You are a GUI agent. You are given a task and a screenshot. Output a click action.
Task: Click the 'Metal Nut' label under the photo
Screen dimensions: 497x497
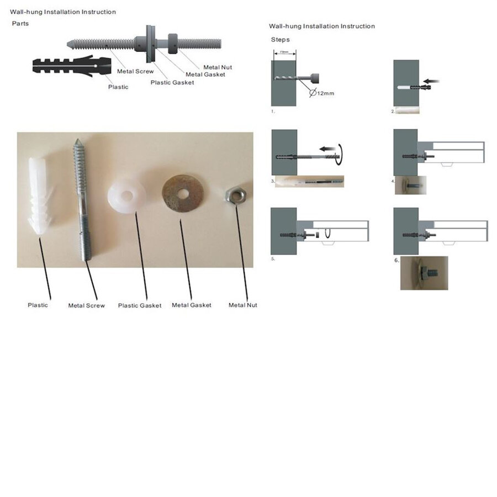tap(243, 305)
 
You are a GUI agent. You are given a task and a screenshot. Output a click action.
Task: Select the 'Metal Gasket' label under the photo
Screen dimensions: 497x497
tap(192, 305)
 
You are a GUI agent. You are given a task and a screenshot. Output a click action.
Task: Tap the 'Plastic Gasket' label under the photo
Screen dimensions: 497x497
tap(140, 305)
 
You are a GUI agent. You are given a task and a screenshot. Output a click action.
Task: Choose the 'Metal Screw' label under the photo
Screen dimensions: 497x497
tap(86, 305)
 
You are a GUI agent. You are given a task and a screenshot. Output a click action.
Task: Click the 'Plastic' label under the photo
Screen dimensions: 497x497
tap(38, 305)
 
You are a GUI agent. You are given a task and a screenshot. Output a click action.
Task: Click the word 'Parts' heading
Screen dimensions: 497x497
tap(20, 24)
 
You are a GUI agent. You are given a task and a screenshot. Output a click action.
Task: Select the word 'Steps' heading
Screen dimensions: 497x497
tap(280, 40)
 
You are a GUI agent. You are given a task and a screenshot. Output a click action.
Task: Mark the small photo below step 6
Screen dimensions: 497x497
tap(424, 273)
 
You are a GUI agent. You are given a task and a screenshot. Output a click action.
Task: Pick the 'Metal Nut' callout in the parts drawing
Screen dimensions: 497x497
tap(218, 67)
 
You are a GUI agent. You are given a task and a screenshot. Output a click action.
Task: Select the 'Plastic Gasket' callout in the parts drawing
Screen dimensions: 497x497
tap(172, 82)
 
